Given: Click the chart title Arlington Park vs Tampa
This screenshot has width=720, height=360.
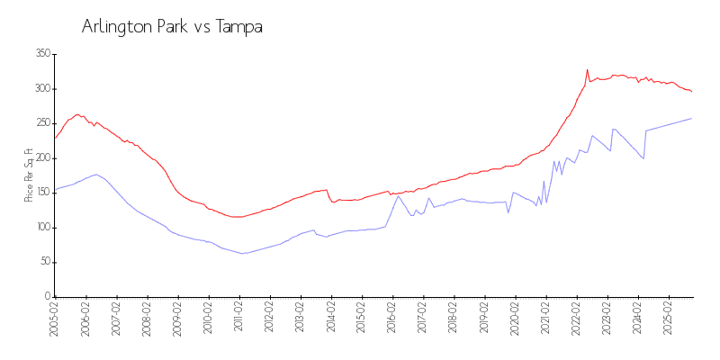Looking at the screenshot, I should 172,27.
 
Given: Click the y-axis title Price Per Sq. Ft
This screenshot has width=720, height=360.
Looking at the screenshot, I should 29,175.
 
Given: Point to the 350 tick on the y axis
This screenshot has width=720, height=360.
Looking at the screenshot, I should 41,54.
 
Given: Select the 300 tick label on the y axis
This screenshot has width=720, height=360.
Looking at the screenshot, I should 41,89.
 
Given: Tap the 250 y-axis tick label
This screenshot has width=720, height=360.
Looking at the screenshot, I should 41,123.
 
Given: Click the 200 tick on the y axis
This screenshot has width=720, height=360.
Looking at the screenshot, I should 41,158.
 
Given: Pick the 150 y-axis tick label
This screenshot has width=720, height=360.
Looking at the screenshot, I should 41,193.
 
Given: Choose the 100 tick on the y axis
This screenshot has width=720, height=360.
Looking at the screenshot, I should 41,228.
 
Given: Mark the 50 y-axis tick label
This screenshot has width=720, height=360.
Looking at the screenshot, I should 43,262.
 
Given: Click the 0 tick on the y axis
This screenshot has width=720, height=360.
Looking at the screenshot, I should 47,297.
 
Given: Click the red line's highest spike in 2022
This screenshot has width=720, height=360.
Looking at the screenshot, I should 587,69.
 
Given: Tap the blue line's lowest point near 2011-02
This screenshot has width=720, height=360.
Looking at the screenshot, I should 241,254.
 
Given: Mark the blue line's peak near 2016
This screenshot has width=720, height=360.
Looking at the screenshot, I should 398,195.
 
